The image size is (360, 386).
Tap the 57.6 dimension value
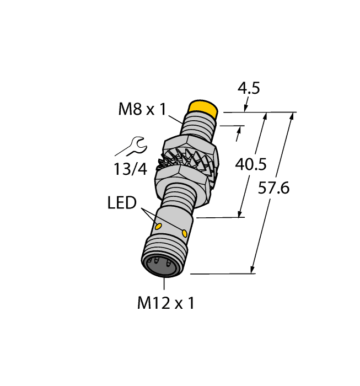274,188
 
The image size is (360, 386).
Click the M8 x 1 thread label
142,109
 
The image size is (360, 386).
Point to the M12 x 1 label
166,303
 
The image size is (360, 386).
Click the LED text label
122,203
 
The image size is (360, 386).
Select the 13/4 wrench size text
131,169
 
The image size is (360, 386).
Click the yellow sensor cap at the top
203,107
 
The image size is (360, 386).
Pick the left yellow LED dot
159,227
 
